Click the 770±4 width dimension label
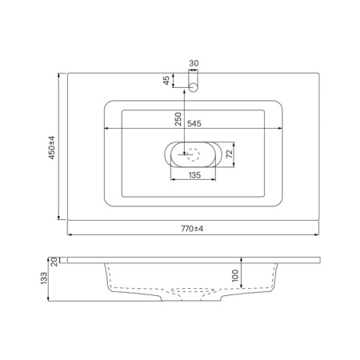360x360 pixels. point(192,229)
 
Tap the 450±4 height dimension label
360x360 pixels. point(52,148)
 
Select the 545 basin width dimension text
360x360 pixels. point(194,124)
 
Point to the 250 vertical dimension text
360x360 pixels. point(178,119)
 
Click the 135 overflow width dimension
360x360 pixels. point(194,175)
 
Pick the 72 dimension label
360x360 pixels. point(230,154)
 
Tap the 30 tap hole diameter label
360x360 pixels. point(194,63)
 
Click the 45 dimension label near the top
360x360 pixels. point(166,80)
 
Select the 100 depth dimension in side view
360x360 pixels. point(235,275)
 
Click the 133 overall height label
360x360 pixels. point(44,278)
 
